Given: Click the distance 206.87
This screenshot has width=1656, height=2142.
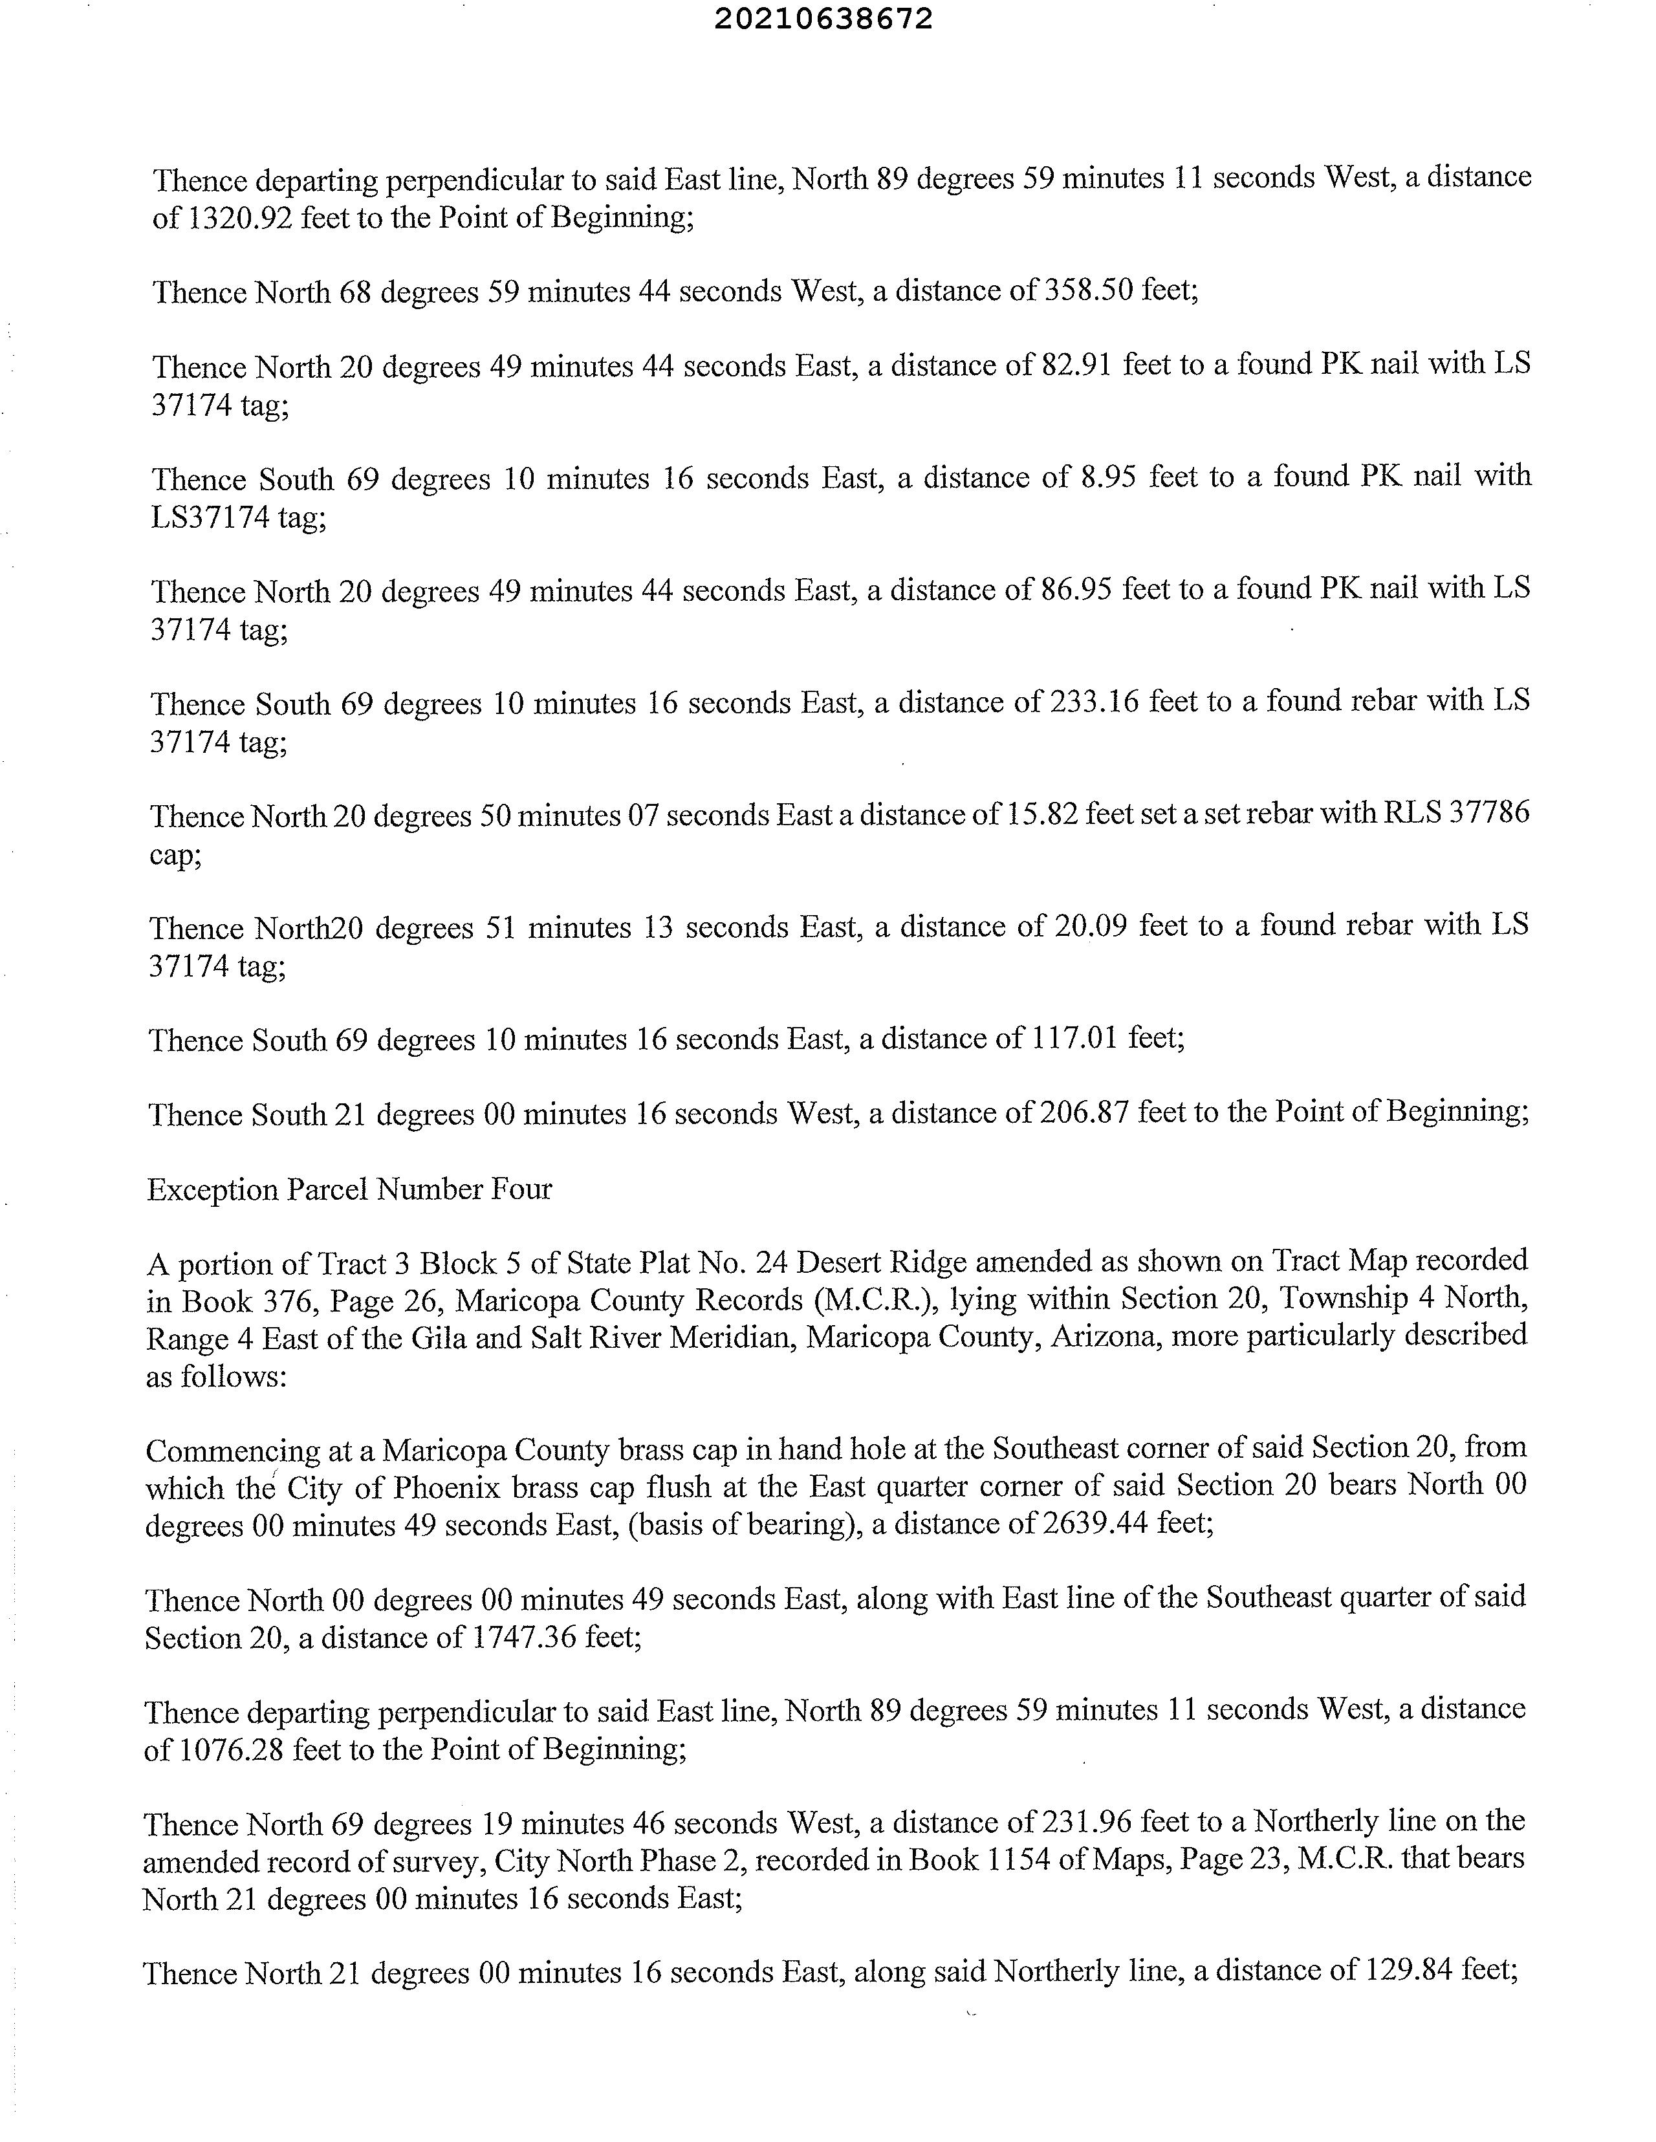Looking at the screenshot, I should pos(1094,1112).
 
